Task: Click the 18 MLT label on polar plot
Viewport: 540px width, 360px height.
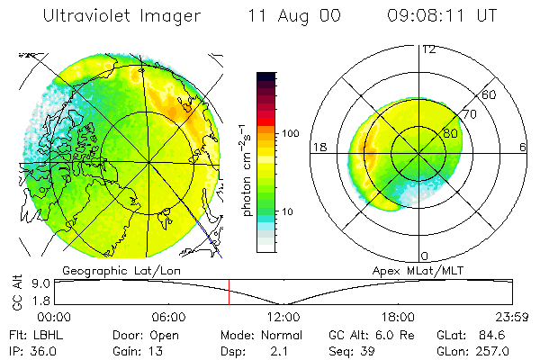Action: pos(318,147)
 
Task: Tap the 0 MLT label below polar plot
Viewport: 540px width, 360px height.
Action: pos(425,256)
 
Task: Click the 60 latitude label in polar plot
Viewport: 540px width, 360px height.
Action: pos(490,94)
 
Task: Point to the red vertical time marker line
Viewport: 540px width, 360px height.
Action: pos(229,292)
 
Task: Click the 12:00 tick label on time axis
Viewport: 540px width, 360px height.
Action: pos(283,317)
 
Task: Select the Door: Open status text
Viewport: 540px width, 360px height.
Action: pos(137,335)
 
